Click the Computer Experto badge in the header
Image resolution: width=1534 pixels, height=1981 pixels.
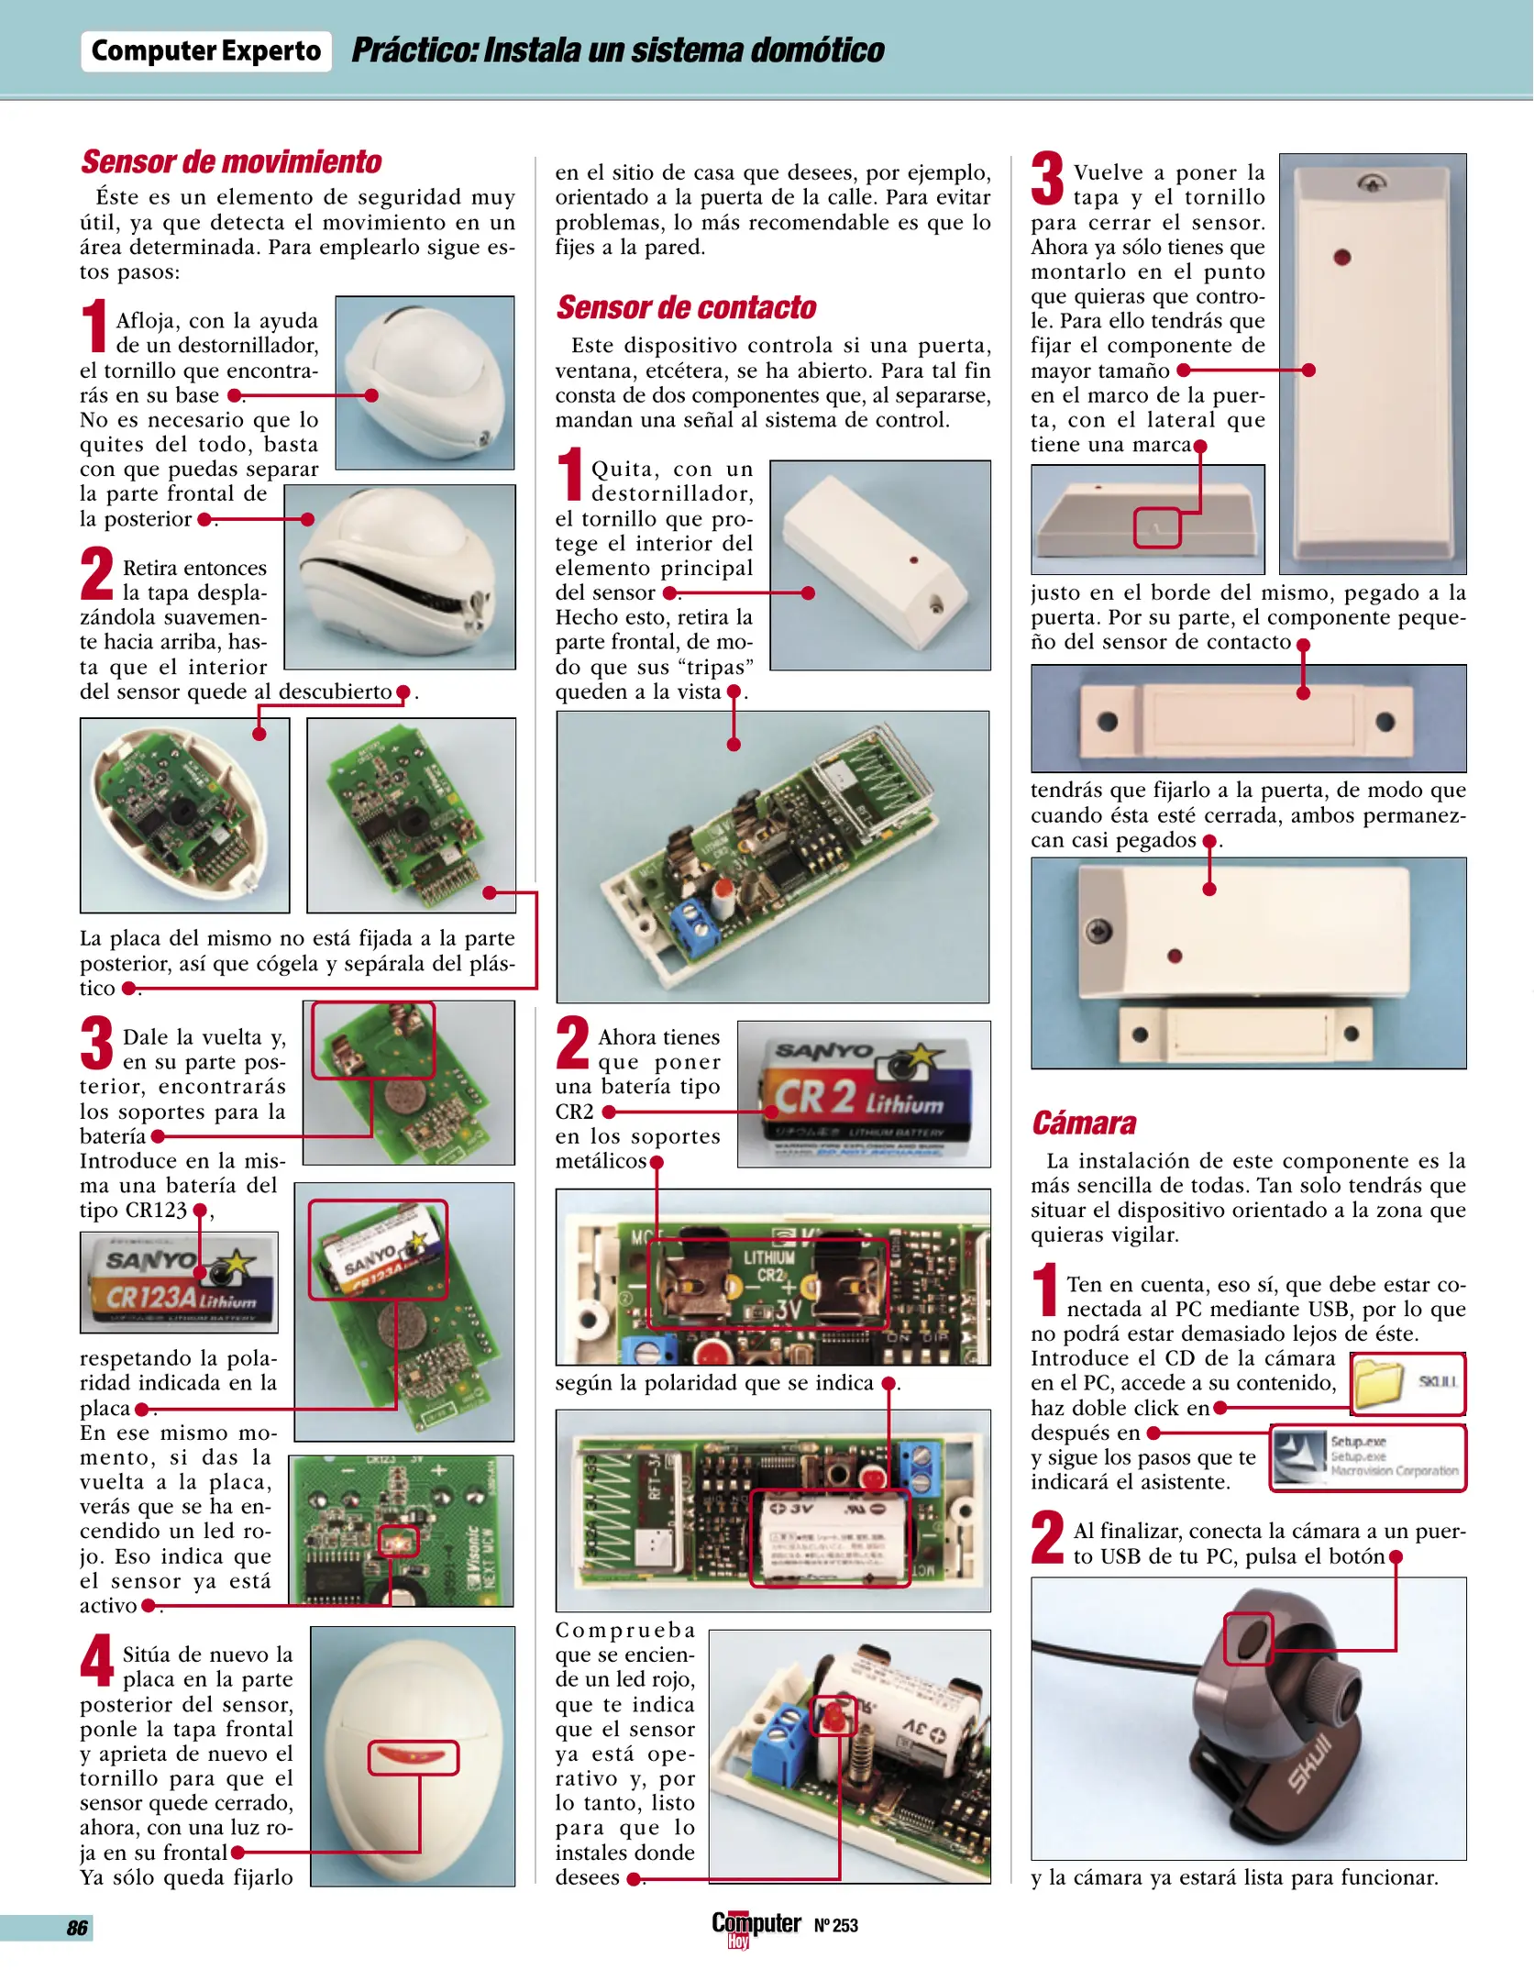click(x=206, y=51)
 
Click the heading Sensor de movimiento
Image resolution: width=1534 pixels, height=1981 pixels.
click(x=231, y=162)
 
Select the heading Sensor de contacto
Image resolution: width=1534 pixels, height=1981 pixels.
click(x=686, y=308)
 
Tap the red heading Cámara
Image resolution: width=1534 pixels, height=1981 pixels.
click(x=1084, y=1123)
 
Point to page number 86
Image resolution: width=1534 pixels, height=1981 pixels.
click(x=77, y=1927)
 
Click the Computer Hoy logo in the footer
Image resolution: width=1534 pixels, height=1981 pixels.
click(x=756, y=1927)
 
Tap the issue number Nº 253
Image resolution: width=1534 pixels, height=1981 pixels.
click(x=835, y=1925)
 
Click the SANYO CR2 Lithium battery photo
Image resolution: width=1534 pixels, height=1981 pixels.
click(x=864, y=1094)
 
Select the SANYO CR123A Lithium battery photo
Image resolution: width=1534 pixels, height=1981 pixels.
click(x=179, y=1282)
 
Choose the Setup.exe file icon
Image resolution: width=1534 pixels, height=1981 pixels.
click(x=1299, y=1457)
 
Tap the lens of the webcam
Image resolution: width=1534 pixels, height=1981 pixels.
click(x=1249, y=1639)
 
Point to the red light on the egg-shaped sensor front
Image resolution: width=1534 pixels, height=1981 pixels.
click(x=413, y=1757)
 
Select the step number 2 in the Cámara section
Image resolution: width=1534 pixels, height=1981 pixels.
click(x=1047, y=1537)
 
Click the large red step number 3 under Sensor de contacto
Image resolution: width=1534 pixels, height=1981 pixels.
click(x=1047, y=178)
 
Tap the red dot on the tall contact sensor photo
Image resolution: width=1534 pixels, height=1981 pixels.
click(x=1342, y=258)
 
